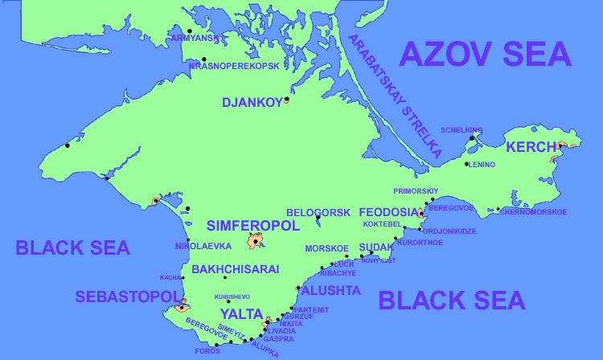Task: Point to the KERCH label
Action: (531, 147)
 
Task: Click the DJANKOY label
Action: (252, 102)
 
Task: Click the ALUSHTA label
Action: (330, 290)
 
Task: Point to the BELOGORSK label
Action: (318, 212)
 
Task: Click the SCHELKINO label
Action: (461, 129)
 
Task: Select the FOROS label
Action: (207, 350)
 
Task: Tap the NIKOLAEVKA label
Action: (203, 246)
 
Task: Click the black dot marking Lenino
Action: (467, 164)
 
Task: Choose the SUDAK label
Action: (376, 247)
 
